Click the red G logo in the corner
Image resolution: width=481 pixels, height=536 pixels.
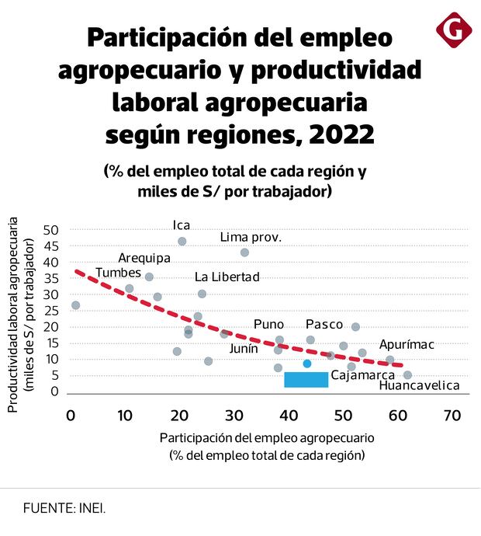(x=454, y=30)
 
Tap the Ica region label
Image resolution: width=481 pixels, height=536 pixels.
(x=182, y=225)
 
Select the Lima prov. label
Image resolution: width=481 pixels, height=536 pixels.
(x=251, y=237)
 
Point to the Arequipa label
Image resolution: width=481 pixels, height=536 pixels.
(x=144, y=258)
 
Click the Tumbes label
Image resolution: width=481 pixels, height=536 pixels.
(x=118, y=273)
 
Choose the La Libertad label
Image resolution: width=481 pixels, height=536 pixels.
(x=227, y=277)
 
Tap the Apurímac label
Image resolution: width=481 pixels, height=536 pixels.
(x=407, y=344)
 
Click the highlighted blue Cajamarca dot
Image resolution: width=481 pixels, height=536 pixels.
(x=307, y=364)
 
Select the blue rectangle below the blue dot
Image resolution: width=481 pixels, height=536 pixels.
(x=306, y=379)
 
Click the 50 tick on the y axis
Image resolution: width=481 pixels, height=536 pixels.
(x=51, y=230)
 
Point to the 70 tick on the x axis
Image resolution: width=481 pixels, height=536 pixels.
(x=451, y=416)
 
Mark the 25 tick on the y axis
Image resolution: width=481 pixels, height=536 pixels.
(x=51, y=311)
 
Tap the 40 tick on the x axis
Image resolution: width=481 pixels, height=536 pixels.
(x=288, y=416)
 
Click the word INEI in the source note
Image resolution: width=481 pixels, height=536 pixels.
(x=91, y=508)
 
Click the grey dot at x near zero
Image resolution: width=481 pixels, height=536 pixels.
(x=75, y=305)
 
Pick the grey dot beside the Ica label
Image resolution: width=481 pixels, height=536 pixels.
(x=182, y=242)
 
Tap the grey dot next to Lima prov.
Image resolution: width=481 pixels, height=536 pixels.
(x=244, y=252)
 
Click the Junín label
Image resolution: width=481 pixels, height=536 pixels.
(x=244, y=349)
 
